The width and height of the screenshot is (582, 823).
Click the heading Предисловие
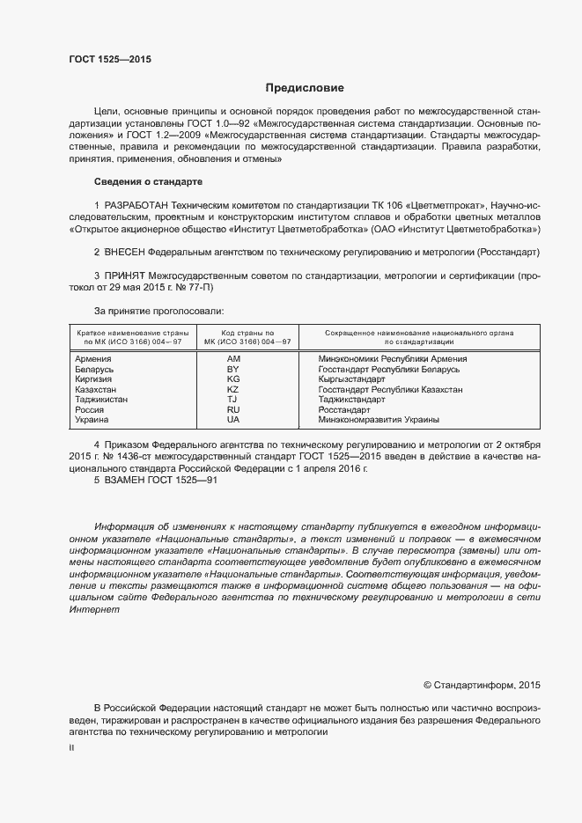pyautogui.click(x=305, y=88)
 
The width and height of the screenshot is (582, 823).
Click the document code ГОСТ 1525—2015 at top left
pyautogui.click(x=110, y=60)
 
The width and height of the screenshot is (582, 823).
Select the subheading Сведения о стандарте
pyautogui.click(x=148, y=181)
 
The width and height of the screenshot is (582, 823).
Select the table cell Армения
pyautogui.click(x=92, y=359)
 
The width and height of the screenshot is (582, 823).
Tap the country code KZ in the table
pyautogui.click(x=233, y=389)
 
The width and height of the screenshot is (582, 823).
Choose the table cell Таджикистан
pyautogui.click(x=101, y=399)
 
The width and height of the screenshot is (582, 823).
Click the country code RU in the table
pyautogui.click(x=233, y=409)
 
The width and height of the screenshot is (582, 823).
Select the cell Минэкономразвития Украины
pyautogui.click(x=378, y=420)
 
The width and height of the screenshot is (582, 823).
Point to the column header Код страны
pyautogui.click(x=247, y=333)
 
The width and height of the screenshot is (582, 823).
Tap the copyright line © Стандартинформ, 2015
pyautogui.click(x=482, y=683)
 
